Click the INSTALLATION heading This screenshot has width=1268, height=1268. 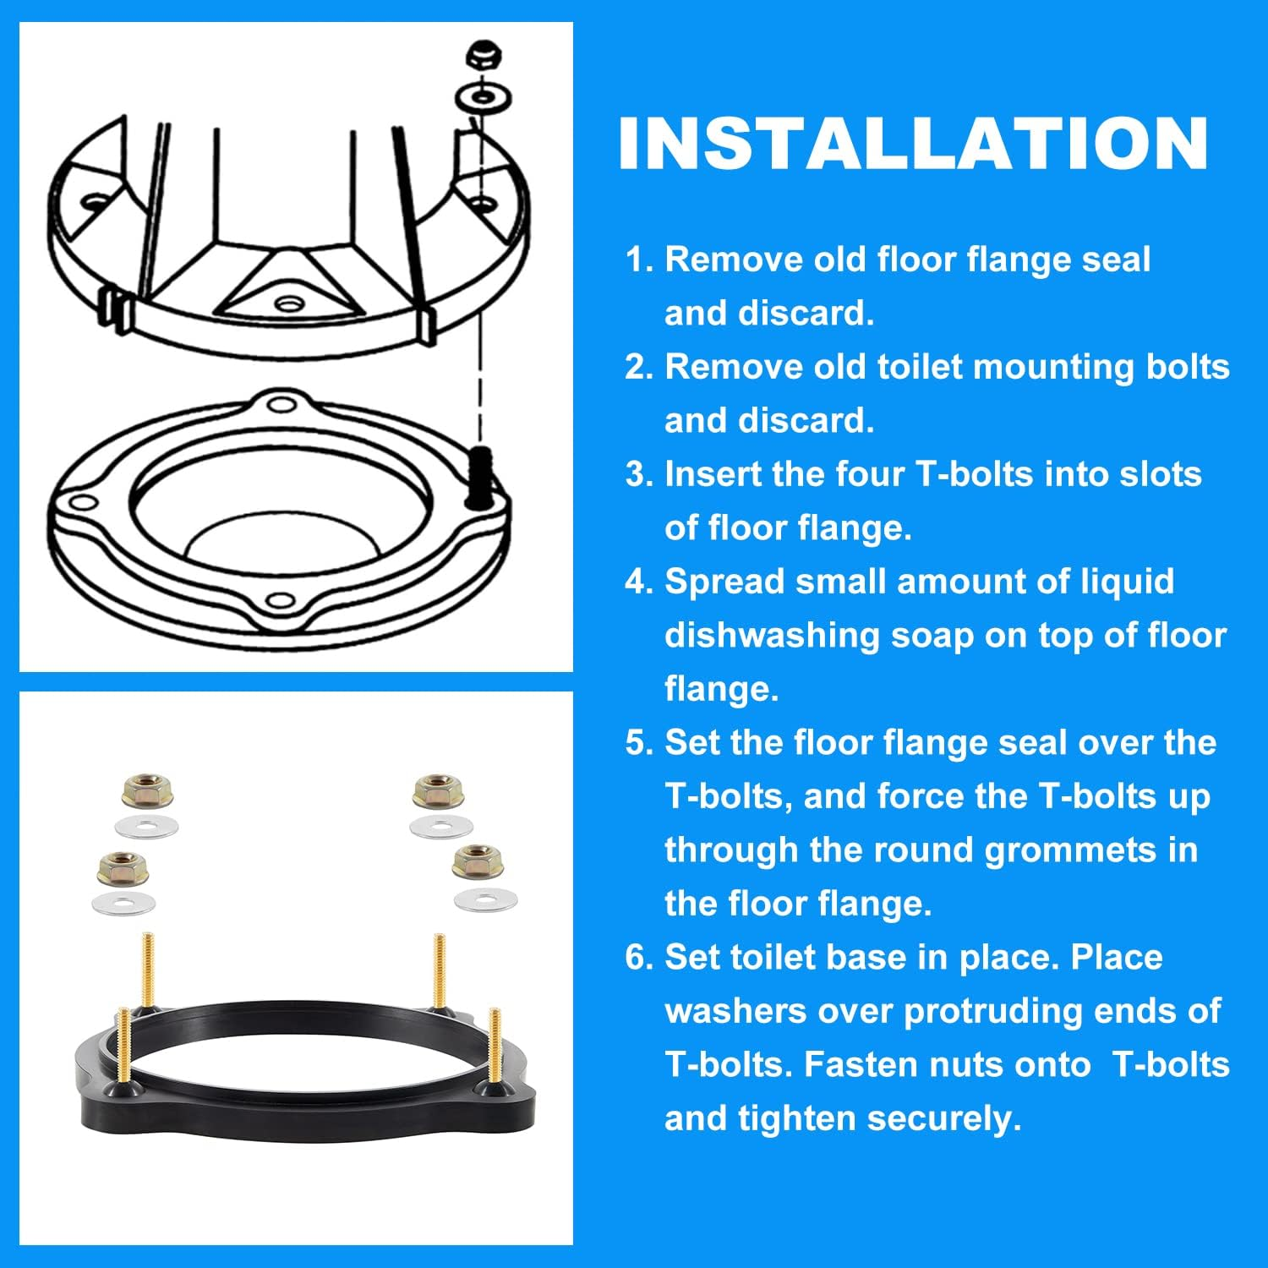(x=913, y=144)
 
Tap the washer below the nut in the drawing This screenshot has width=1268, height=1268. (x=483, y=99)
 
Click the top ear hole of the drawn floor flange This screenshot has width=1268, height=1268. (x=280, y=403)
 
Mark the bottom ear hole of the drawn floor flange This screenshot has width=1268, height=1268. (x=279, y=602)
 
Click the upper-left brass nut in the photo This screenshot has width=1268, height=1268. (x=148, y=792)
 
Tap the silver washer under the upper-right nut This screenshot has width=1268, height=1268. (x=441, y=826)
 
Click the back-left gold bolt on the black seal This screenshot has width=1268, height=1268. (x=148, y=968)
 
